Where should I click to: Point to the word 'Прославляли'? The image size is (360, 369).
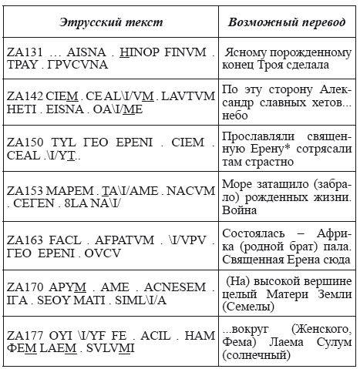coord(259,144)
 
